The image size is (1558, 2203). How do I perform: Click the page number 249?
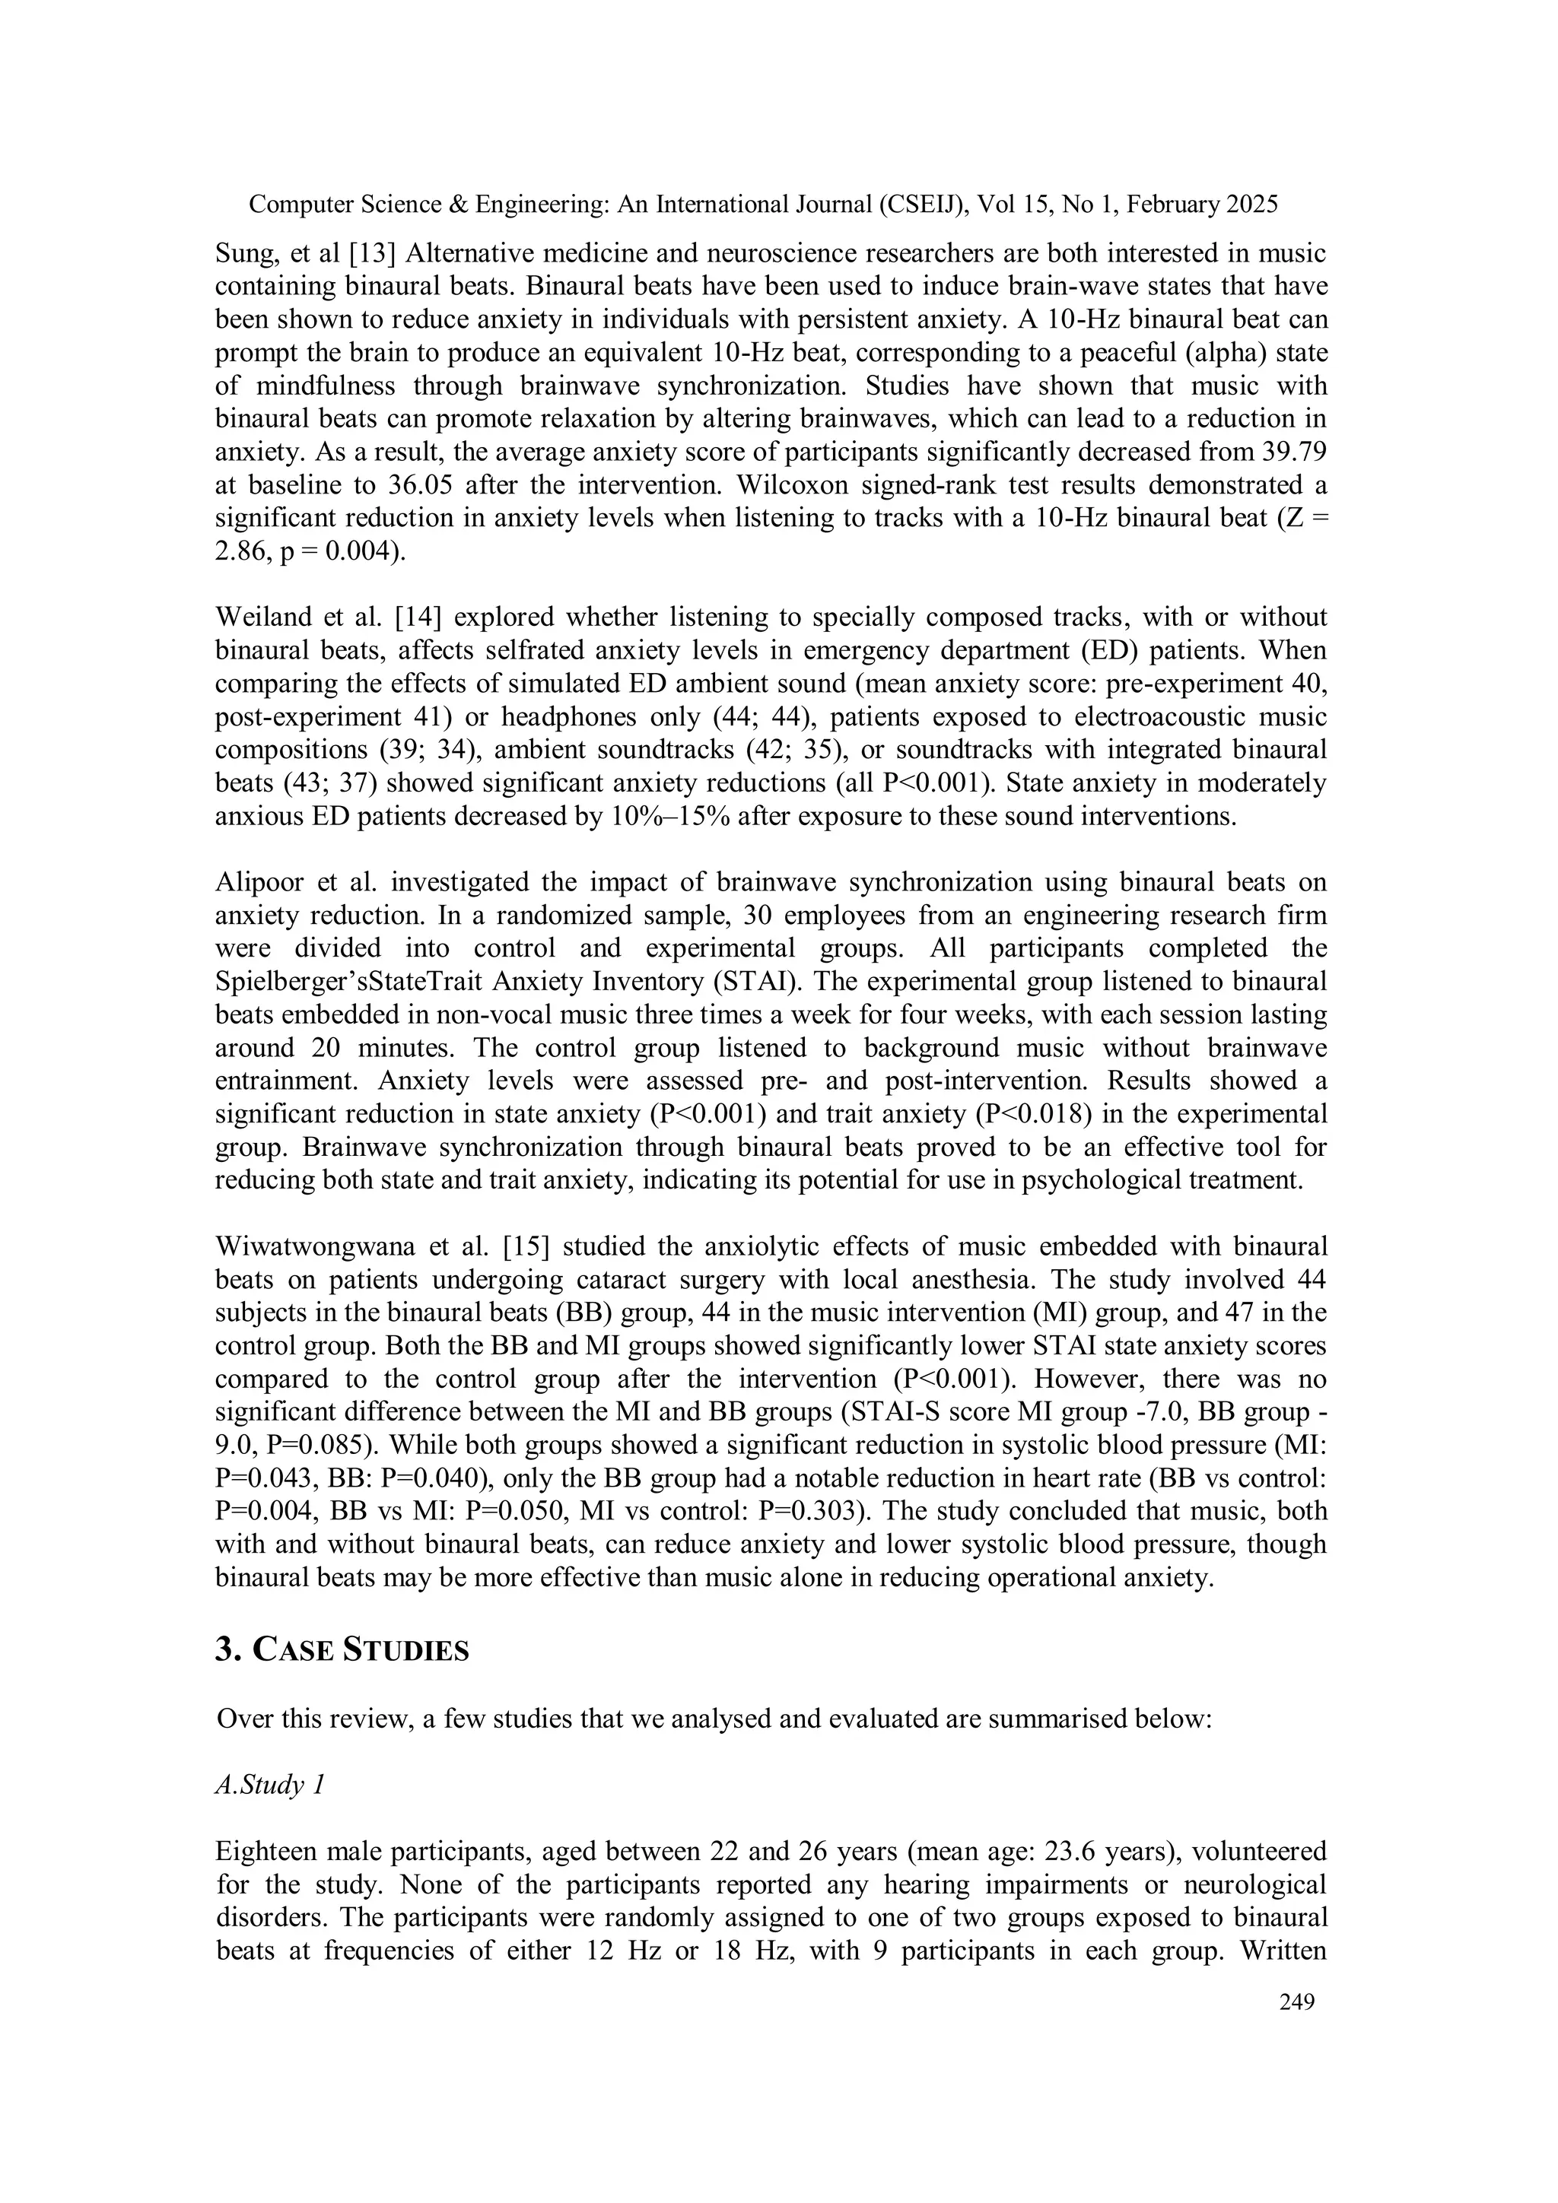[x=1296, y=2002]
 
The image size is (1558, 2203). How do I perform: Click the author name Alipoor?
[x=256, y=883]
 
